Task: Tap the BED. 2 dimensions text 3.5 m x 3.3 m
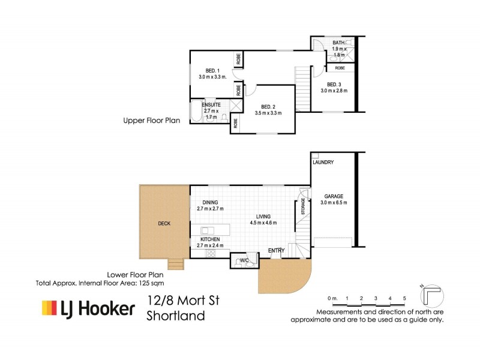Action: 268,113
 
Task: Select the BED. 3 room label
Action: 335,84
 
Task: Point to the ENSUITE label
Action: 211,105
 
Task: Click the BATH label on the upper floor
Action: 339,43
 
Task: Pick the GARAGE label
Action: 334,196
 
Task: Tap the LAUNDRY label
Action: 323,163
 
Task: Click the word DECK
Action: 164,224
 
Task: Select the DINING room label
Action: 210,202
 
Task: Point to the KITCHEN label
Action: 210,239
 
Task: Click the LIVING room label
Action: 263,216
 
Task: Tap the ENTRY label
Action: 276,250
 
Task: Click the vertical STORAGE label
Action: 303,206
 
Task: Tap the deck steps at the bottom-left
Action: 175,263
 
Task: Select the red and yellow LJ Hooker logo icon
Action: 48,308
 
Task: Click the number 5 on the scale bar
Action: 404,298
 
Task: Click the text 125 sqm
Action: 151,282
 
